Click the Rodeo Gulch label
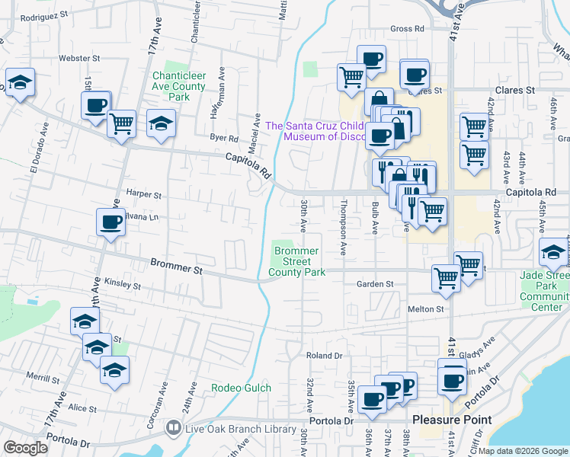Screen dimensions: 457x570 click(242, 388)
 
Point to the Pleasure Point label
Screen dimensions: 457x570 click(452, 420)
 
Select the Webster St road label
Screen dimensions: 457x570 click(80, 58)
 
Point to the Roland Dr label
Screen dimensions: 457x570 click(324, 356)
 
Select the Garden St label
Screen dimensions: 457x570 click(374, 284)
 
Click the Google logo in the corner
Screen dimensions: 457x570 click(25, 448)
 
